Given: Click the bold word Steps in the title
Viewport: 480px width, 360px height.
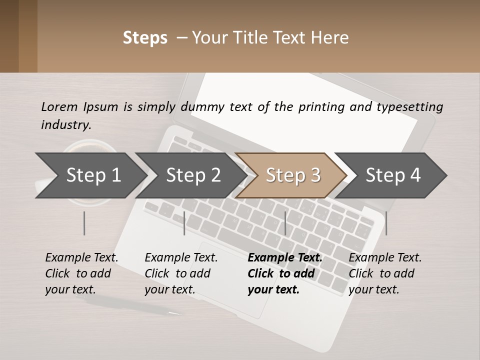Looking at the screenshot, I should [145, 38].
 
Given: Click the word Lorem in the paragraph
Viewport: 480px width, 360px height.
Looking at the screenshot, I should [59, 106].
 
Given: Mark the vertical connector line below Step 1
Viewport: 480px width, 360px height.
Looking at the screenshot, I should [84, 223].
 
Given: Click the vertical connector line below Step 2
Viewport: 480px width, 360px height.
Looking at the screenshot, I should [184, 223].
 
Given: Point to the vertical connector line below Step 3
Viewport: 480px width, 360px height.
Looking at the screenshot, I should [285, 223].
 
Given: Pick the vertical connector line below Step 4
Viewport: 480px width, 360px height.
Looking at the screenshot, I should [386, 223].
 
